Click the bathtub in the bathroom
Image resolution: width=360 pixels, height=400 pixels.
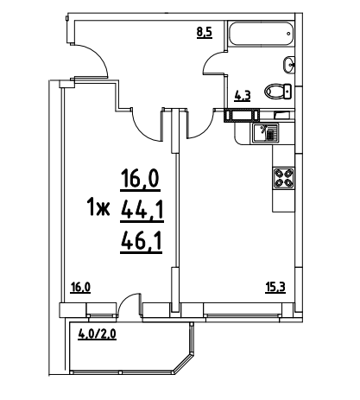[x=261, y=33]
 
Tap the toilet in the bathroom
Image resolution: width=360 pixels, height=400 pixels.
[x=278, y=92]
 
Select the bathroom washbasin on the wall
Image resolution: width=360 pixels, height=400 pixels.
[x=289, y=65]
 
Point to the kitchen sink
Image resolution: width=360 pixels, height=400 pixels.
[x=266, y=132]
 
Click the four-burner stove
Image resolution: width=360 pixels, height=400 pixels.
[x=283, y=178]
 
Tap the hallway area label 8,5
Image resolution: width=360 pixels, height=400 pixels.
[x=205, y=32]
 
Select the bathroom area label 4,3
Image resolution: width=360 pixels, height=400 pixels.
[x=243, y=96]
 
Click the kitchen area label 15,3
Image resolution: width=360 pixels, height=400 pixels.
[x=275, y=288]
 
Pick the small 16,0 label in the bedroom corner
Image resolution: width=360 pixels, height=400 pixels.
[x=81, y=288]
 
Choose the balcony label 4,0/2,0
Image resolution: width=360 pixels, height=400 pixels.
[x=98, y=335]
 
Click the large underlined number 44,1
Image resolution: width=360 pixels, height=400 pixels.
[x=142, y=211]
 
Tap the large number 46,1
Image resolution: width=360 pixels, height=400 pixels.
[x=142, y=243]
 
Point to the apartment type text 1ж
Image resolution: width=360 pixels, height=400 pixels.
[x=98, y=208]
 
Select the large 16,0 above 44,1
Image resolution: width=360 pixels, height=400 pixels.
[x=141, y=180]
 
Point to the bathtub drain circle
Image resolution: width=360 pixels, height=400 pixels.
[x=288, y=34]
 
